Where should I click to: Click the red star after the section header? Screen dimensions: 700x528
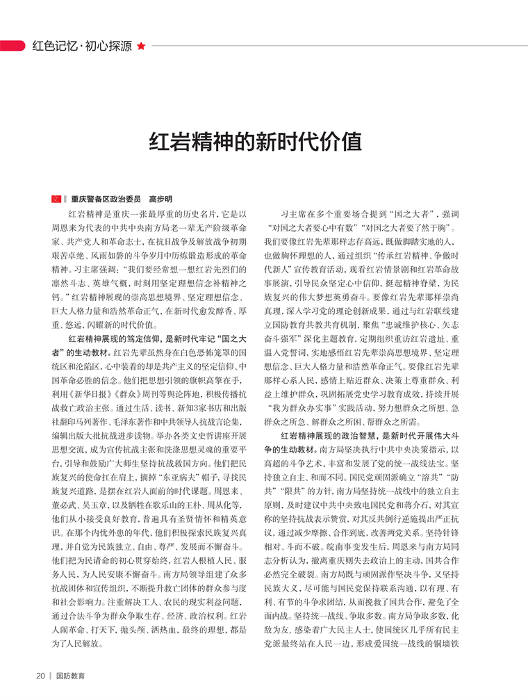tap(142, 47)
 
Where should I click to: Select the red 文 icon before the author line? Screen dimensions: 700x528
tap(56, 198)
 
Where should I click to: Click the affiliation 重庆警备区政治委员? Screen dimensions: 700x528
tap(106, 198)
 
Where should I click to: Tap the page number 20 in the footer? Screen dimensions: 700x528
tap(40, 674)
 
